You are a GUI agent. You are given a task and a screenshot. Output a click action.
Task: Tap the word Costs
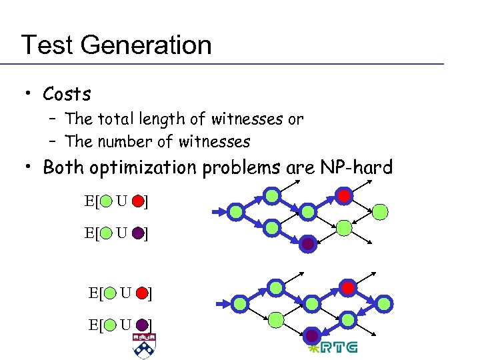click(x=67, y=93)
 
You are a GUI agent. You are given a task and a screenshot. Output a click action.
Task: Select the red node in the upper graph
click(x=343, y=196)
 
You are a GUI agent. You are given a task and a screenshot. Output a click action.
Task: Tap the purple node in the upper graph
click(x=308, y=244)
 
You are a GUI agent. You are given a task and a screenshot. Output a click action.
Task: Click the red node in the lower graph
click(x=347, y=287)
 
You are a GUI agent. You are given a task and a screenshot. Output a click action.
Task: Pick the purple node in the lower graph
click(x=312, y=335)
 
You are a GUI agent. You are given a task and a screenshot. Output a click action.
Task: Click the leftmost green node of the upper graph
click(x=236, y=212)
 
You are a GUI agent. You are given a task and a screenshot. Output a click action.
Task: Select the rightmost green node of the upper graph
click(x=379, y=212)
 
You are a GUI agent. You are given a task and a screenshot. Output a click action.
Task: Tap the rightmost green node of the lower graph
click(x=383, y=304)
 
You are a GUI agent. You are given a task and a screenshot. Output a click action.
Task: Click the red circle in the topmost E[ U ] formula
click(x=138, y=199)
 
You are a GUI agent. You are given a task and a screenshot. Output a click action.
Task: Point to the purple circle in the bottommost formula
click(x=141, y=325)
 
